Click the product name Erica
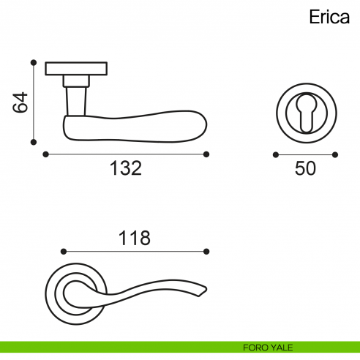pyautogui.click(x=329, y=17)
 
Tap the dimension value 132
pyautogui.click(x=126, y=168)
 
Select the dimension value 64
pyautogui.click(x=20, y=102)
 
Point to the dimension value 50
pyautogui.click(x=305, y=168)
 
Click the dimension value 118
pyautogui.click(x=134, y=238)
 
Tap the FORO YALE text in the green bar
pyautogui.click(x=268, y=348)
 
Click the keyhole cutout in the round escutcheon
pyautogui.click(x=307, y=113)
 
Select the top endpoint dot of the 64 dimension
pyautogui.click(x=34, y=63)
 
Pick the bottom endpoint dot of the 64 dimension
pyautogui.click(x=34, y=142)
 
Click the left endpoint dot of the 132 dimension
pyautogui.click(x=45, y=154)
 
